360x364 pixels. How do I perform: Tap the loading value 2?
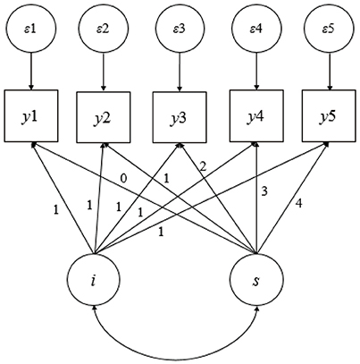coord(204,166)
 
